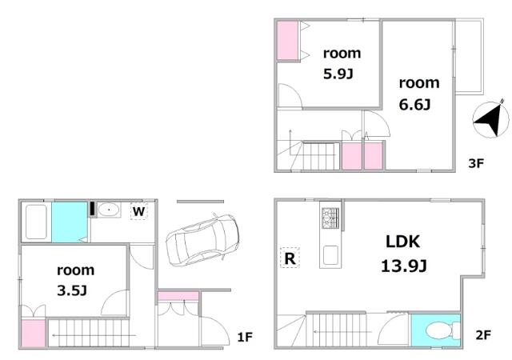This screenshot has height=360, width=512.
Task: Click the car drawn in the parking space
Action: [x=202, y=240]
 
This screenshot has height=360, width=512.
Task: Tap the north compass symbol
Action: [x=490, y=119]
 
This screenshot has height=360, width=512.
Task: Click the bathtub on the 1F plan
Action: [x=36, y=222]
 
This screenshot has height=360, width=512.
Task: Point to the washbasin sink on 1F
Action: [x=109, y=210]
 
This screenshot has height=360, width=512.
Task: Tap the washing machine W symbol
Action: [x=138, y=211]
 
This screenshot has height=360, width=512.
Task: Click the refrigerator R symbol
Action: [x=290, y=258]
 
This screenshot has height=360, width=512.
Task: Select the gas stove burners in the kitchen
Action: [x=330, y=218]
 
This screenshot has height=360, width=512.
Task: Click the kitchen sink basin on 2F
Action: [x=330, y=255]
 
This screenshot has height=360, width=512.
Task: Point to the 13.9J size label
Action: [x=403, y=266]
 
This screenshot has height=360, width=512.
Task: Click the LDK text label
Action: [x=403, y=242]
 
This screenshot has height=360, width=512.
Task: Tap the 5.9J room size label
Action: [x=338, y=74]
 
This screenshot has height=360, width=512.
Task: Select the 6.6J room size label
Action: [x=414, y=105]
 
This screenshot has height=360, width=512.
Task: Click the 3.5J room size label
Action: [x=72, y=290]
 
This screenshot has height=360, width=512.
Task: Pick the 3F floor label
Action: [x=476, y=163]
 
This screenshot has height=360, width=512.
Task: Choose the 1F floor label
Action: [x=245, y=337]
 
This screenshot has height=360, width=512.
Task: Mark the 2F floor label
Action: [x=483, y=335]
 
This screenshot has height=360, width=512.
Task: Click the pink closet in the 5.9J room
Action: [x=287, y=41]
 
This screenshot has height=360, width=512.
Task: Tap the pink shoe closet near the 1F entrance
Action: [x=178, y=296]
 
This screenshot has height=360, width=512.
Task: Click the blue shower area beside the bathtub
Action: [x=70, y=222]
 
